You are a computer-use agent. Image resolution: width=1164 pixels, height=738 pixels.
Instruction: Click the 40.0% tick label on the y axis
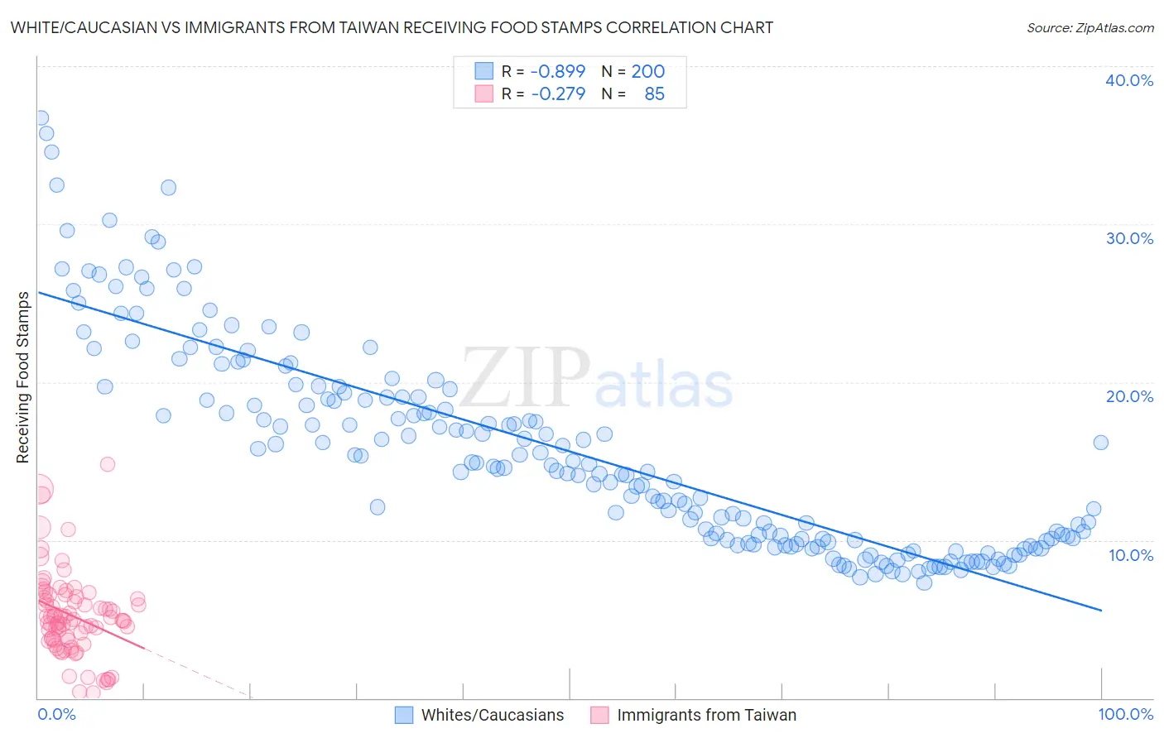pyautogui.click(x=1128, y=80)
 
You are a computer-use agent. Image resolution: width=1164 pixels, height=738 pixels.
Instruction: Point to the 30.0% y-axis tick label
pyautogui.click(x=1128, y=238)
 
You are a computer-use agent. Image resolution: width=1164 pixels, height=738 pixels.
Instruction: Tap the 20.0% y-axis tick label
pyautogui.click(x=1128, y=396)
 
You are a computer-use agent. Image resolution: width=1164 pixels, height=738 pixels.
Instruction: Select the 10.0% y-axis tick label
pyautogui.click(x=1130, y=555)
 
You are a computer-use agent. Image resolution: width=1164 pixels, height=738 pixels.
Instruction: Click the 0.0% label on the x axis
pyautogui.click(x=56, y=714)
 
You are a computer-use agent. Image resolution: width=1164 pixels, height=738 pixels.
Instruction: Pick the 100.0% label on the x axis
pyautogui.click(x=1125, y=714)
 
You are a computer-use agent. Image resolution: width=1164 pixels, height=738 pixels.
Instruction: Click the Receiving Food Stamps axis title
pyautogui.click(x=23, y=377)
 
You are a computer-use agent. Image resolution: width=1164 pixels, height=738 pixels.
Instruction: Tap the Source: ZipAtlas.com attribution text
pyautogui.click(x=1089, y=27)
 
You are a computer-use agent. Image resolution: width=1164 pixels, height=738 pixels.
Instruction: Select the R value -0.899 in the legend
pyautogui.click(x=557, y=71)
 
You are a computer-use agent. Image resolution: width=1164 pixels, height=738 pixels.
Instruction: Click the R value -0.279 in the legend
pyautogui.click(x=557, y=93)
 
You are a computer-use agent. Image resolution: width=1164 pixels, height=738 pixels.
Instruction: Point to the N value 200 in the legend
pyautogui.click(x=647, y=71)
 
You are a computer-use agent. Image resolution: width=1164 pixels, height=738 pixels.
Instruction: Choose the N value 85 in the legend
pyautogui.click(x=654, y=93)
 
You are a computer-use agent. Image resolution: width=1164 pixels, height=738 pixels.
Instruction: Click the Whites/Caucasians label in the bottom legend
pyautogui.click(x=492, y=715)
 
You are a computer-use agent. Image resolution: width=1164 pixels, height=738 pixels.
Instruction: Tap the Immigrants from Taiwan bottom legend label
pyautogui.click(x=706, y=715)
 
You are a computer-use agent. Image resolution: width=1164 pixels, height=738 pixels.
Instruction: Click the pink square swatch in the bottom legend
pyautogui.click(x=599, y=715)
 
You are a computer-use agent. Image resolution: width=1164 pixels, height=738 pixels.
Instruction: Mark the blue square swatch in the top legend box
pyautogui.click(x=483, y=71)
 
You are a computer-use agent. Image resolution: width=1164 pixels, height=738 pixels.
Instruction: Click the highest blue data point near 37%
pyautogui.click(x=40, y=117)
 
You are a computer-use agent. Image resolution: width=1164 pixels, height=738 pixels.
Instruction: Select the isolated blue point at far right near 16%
pyautogui.click(x=1100, y=443)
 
